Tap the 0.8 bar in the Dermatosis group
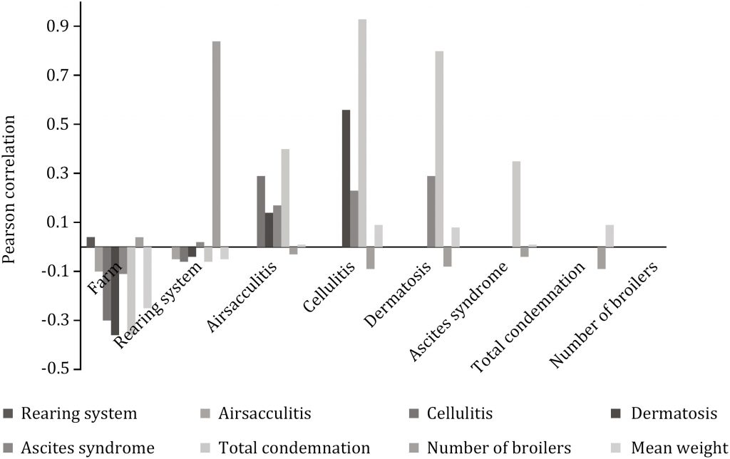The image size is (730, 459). [x=439, y=149]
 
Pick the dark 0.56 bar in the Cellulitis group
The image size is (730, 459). [x=346, y=178]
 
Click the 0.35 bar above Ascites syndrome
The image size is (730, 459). [x=516, y=204]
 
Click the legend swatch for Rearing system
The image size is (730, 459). [x=9, y=413]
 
